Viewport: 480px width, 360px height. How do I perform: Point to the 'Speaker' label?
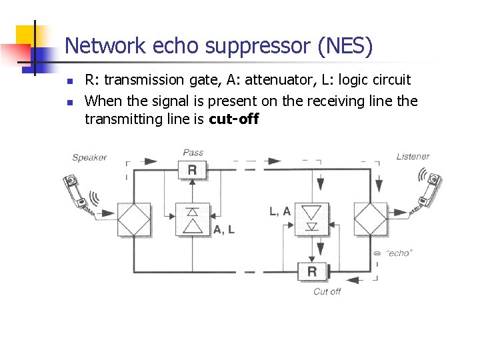(89, 157)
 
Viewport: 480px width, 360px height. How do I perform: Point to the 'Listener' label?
(413, 156)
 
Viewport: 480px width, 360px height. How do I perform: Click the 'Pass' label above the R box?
(193, 153)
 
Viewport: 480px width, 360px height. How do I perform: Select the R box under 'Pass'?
(192, 170)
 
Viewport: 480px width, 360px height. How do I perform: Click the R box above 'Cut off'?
(312, 271)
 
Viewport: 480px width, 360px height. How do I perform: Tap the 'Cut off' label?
(327, 291)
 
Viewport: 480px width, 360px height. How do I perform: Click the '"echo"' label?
(399, 253)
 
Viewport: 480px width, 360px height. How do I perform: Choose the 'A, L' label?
(224, 229)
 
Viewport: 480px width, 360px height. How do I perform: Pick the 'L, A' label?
(280, 211)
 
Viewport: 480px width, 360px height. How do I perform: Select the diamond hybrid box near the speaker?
(134, 220)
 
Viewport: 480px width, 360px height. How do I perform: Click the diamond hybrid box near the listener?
(370, 220)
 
